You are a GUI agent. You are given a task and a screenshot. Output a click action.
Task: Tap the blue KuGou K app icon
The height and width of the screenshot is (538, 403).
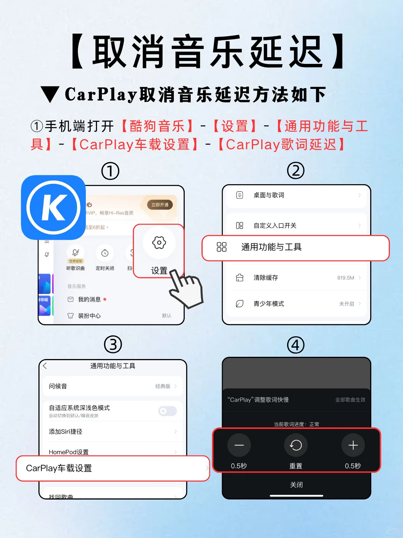pos(53,207)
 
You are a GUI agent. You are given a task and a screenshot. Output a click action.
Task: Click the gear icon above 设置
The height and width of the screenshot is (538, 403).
pos(159,243)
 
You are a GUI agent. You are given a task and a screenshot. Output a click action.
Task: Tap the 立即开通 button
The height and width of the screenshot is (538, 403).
pos(160,205)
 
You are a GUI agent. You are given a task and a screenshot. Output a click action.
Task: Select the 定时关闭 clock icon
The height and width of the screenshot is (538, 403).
pos(105,253)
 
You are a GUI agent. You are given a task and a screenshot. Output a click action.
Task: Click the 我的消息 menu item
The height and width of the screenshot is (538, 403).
pos(89,299)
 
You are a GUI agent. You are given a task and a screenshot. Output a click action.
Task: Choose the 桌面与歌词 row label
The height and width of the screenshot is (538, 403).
pos(269,195)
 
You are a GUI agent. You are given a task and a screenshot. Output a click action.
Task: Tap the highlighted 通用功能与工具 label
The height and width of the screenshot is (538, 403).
pos(271,247)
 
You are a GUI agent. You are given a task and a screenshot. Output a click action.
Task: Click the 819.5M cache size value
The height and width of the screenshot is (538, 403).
pos(346,278)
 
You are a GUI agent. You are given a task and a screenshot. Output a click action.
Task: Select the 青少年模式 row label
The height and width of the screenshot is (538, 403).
pos(269,304)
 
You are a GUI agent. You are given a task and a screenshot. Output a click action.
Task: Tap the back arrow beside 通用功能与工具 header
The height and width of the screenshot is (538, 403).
pos(45,366)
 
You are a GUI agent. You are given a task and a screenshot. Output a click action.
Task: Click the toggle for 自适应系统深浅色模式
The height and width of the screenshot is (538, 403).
pos(167,411)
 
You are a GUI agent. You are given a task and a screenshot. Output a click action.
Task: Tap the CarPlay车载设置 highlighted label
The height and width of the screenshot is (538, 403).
pos(59,468)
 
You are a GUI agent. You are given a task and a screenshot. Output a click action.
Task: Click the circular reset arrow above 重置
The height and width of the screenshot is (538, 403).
pos(296,445)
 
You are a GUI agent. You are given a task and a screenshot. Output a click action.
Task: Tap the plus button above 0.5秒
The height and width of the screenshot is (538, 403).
pos(353,445)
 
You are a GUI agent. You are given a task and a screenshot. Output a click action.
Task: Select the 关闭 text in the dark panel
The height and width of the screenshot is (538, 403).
pos(296,485)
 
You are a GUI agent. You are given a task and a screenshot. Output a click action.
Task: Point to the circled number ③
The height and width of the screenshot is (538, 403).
pos(113,344)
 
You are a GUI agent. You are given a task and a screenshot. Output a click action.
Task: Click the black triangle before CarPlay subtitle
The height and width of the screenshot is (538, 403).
pos(50,95)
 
